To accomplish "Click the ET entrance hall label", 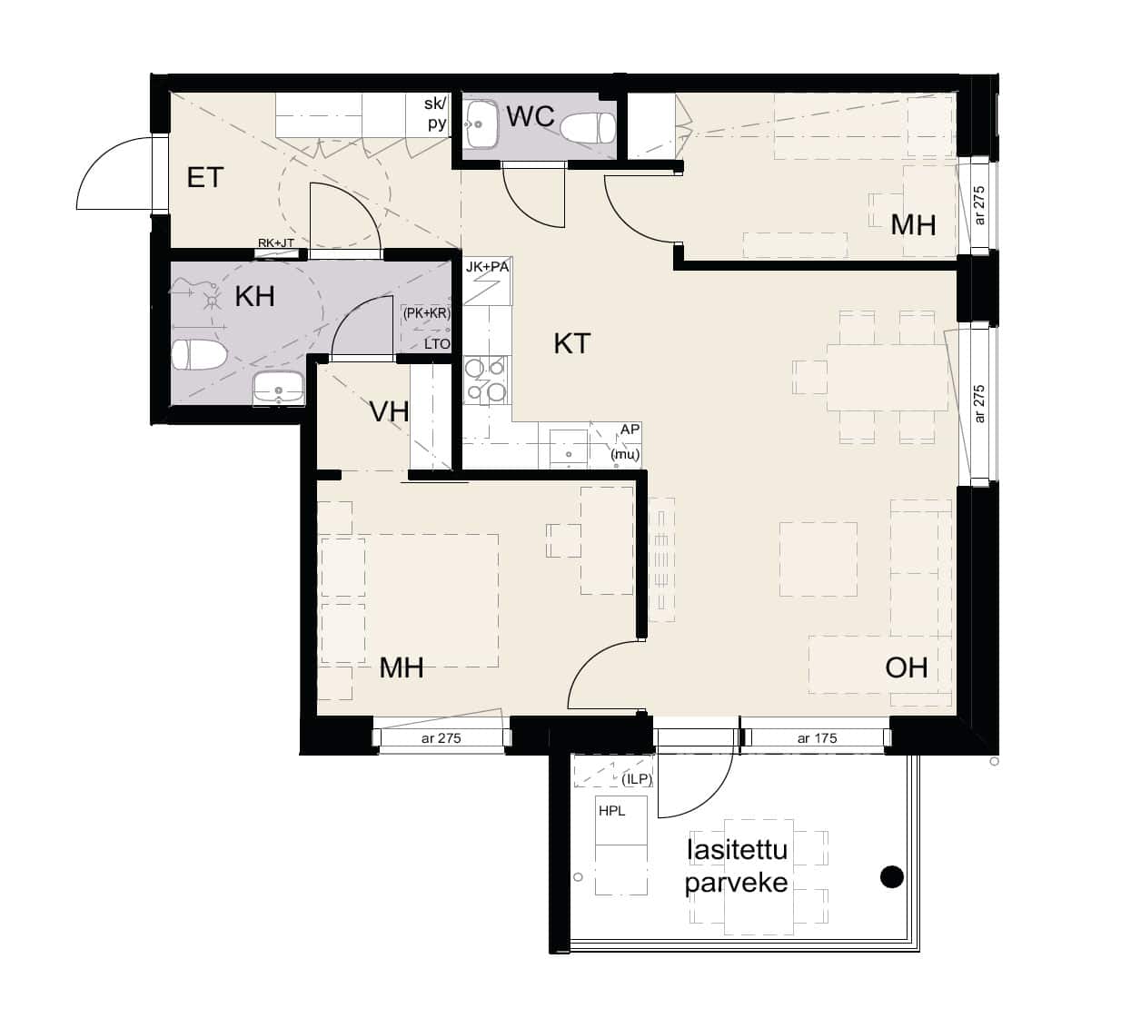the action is click(205, 178).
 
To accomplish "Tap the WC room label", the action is click(531, 117).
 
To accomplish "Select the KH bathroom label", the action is click(255, 296).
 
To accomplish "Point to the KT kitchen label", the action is click(571, 343).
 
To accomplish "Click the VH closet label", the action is click(389, 411).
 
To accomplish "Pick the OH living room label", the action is click(907, 667).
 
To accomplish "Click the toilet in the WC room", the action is click(588, 128).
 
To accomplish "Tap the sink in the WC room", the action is click(481, 124).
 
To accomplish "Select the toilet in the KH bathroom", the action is click(199, 355).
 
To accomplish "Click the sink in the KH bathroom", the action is click(279, 389).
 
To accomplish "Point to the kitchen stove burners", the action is click(487, 380).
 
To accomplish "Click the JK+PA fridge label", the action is click(487, 267).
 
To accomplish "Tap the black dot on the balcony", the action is click(892, 876).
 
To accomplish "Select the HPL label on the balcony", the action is click(612, 811).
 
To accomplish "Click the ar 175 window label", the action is click(817, 738).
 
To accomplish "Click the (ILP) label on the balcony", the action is click(637, 779).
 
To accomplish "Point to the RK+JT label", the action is click(275, 243).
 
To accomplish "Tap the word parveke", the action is click(736, 884).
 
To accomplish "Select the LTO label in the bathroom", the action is click(437, 343).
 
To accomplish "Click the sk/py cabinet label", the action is click(436, 114).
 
